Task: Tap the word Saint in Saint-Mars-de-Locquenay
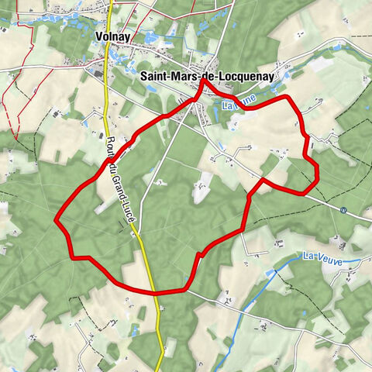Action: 157,76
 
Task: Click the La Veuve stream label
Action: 322,256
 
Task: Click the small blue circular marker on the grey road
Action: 343,209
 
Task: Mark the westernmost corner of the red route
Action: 56,221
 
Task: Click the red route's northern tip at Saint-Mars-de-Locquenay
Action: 203,81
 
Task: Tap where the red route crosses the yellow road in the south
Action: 154,293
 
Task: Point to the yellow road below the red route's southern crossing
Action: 158,325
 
